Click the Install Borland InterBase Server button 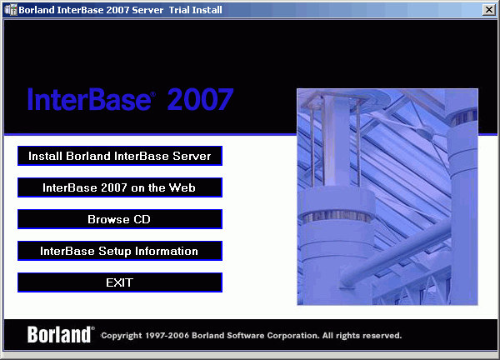pos(120,156)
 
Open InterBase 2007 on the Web pos(120,187)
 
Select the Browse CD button pos(120,219)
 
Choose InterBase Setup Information pos(120,251)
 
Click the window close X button pos(489,10)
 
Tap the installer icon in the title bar pos(11,10)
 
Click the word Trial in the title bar pos(179,10)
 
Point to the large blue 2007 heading pos(201,99)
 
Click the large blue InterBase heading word pos(89,99)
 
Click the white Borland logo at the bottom pos(59,334)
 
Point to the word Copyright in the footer pos(122,336)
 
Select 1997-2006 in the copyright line pos(167,336)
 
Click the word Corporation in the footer pos(293,336)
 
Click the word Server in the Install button pos(192,156)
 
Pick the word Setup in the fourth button pos(115,252)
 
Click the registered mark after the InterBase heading pos(153,94)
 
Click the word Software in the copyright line pos(246,336)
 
